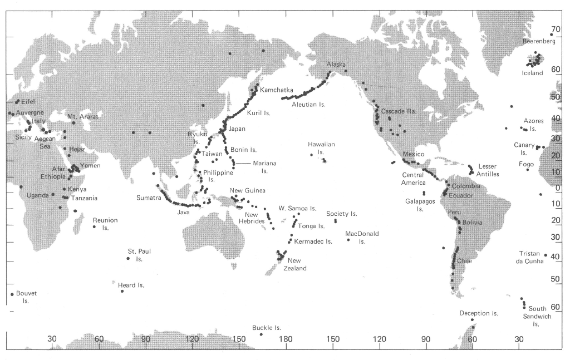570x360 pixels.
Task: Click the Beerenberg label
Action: (539, 42)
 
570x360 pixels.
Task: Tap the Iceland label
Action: (532, 73)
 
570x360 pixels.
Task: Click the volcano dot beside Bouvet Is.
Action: (12, 294)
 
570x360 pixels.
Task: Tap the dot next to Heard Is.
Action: (122, 291)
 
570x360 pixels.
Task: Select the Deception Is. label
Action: (479, 313)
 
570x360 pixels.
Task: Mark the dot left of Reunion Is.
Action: (95, 226)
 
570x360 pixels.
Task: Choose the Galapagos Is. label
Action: (420, 205)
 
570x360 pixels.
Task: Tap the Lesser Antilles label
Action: (488, 170)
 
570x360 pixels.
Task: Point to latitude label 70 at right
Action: (555, 29)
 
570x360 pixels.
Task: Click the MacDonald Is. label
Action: (362, 237)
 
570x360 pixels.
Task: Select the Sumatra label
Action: (148, 198)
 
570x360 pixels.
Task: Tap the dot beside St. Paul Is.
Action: (129, 258)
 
